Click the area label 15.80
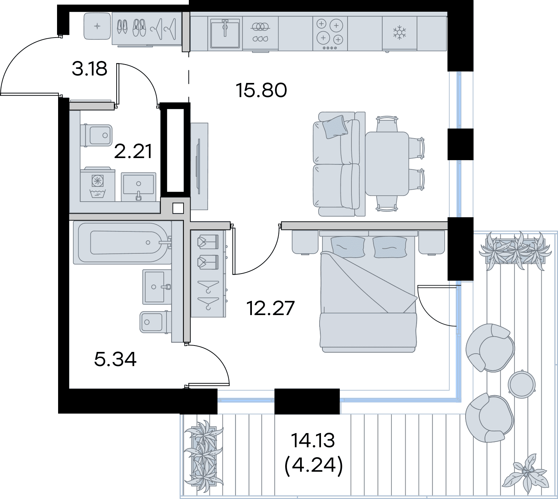(x=261, y=90)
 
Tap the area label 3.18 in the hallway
(x=89, y=69)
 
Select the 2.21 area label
(x=134, y=152)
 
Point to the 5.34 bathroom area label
(x=115, y=359)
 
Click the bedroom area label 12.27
(x=270, y=308)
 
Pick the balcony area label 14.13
(x=313, y=441)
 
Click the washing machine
(x=98, y=187)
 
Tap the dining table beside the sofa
(x=387, y=164)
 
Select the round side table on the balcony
(x=521, y=383)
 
